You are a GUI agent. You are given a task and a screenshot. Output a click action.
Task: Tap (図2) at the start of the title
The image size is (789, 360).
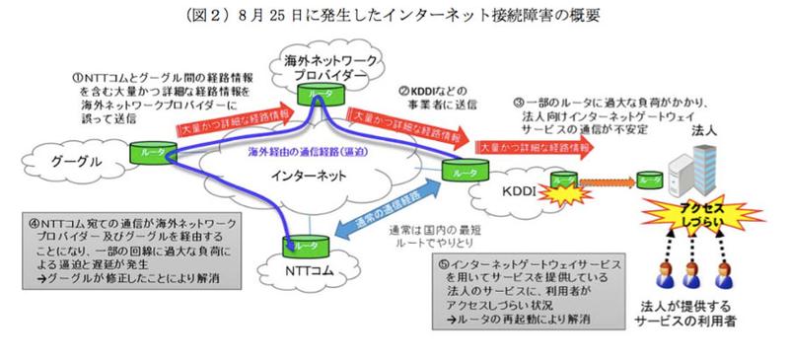coord(218,16)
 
